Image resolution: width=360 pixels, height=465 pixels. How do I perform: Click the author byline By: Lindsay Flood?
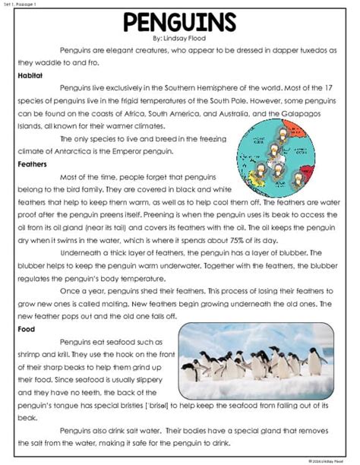click(180, 38)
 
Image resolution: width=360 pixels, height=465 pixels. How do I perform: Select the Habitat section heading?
click(30, 75)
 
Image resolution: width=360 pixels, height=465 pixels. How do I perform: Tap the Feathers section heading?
click(32, 163)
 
